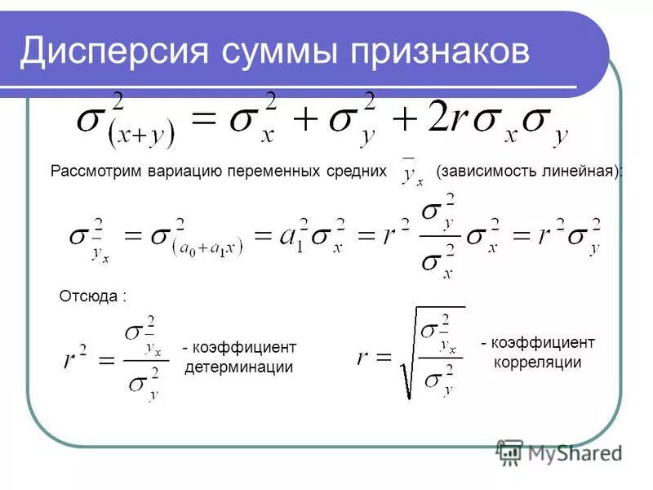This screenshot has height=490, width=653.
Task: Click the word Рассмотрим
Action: (x=96, y=172)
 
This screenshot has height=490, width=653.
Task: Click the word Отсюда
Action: (x=90, y=296)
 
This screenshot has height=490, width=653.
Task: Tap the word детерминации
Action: (x=238, y=367)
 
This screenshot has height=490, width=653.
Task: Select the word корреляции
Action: (x=537, y=362)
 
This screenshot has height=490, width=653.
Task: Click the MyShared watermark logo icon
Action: (x=509, y=452)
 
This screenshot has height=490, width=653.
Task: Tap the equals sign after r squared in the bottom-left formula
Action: (x=106, y=361)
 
